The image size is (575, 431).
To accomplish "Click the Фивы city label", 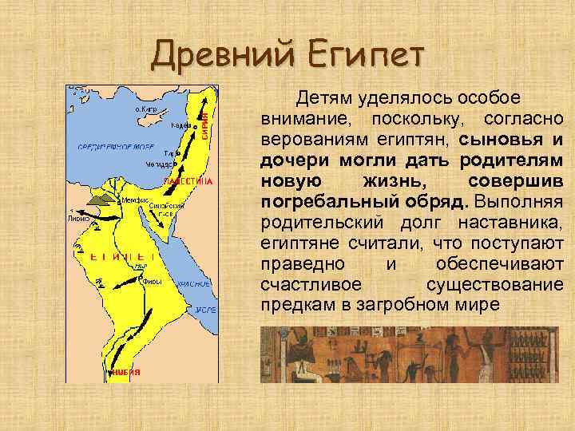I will click(152, 280).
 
